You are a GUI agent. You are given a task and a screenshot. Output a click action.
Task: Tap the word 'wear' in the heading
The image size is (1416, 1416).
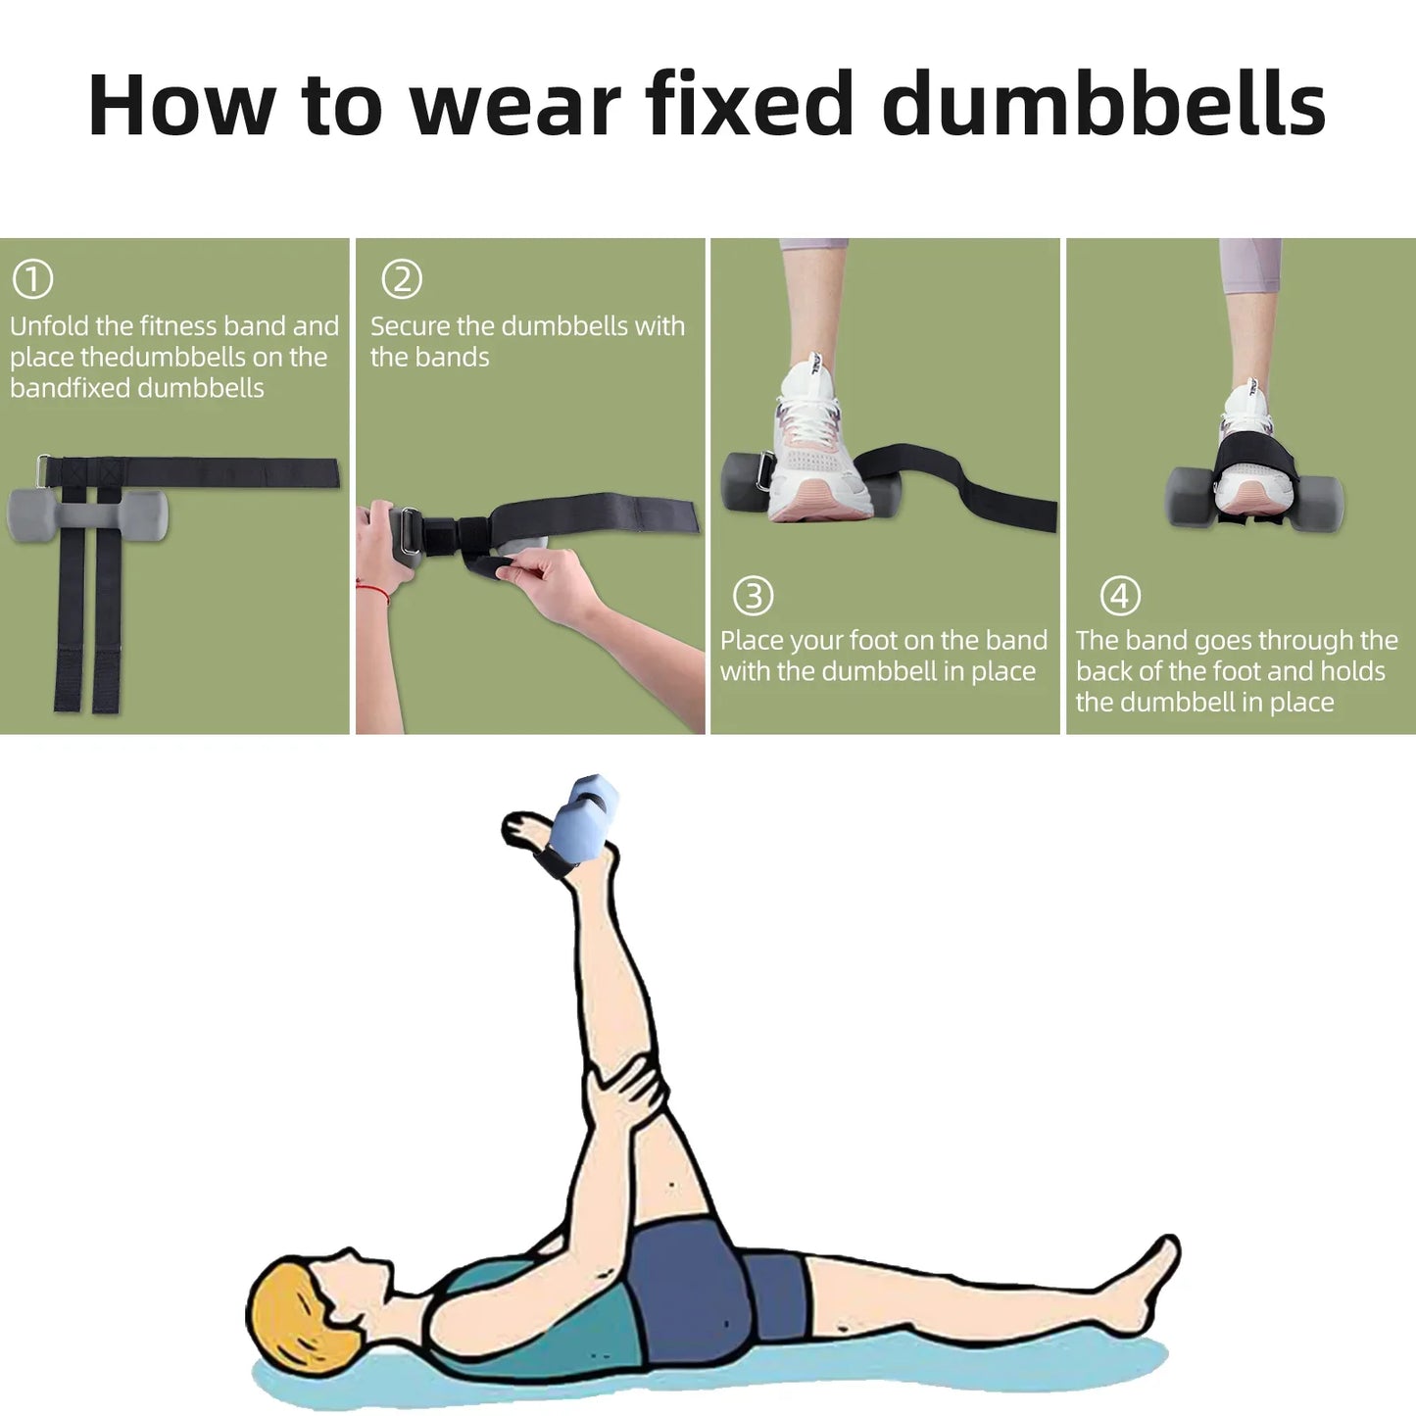click(x=515, y=106)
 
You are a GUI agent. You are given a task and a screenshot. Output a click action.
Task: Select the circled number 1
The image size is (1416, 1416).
click(x=32, y=279)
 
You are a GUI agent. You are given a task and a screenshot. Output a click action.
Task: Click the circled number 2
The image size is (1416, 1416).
click(x=402, y=279)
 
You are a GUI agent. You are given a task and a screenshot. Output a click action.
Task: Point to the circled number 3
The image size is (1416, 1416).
click(x=754, y=595)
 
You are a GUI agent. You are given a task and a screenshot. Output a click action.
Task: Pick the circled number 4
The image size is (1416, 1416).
click(x=1120, y=595)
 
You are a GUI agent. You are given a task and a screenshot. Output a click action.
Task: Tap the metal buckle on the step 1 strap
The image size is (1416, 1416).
click(x=44, y=471)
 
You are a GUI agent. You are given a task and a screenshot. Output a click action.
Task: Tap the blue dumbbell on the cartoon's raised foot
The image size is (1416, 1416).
click(x=583, y=819)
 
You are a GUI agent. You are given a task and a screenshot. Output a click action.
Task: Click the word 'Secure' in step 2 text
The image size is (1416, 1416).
click(x=411, y=326)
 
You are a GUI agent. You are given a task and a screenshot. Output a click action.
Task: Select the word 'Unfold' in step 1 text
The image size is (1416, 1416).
click(x=49, y=326)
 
